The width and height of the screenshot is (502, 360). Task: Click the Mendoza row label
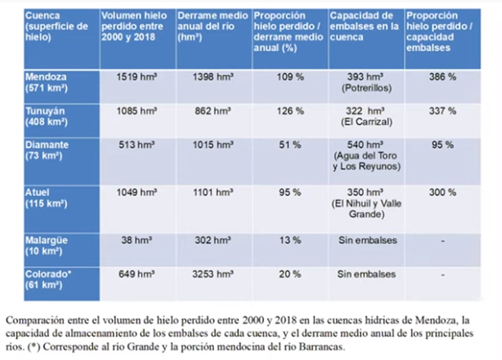[46, 82]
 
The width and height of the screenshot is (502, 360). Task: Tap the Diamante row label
[47, 150]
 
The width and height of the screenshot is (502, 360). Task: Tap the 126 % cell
[290, 111]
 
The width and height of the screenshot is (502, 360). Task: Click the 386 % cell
[443, 77]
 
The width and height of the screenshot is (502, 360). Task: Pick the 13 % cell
[290, 240]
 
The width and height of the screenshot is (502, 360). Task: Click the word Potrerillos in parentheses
[367, 89]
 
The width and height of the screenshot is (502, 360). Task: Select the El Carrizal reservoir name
[367, 122]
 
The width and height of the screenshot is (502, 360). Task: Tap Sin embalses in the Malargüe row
[367, 240]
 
